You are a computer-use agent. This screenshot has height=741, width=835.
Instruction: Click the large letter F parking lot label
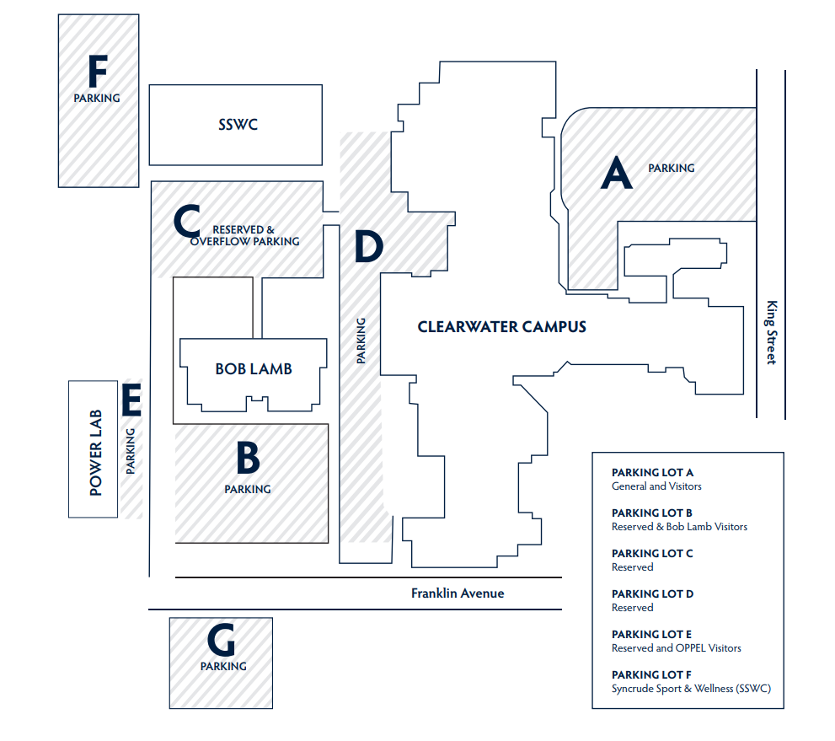coord(97,72)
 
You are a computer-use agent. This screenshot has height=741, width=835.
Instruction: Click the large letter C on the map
coord(186,222)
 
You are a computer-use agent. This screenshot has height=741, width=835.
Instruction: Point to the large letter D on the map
coord(368,245)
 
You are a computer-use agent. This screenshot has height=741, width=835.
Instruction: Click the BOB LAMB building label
coord(254,369)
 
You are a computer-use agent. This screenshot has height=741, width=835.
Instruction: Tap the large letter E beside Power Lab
coord(131,400)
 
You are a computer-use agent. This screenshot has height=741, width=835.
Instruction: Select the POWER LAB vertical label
coord(95,451)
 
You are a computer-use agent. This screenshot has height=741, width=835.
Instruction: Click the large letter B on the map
coord(248,459)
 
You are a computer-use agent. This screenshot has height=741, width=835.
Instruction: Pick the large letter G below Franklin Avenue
coord(222,642)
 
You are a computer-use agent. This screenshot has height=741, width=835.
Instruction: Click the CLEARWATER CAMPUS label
coord(501,327)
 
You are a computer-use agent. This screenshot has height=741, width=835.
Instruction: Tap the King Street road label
coord(770,333)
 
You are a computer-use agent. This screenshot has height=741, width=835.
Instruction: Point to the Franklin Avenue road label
coord(458,593)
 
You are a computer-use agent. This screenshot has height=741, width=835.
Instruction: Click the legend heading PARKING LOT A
coord(652,473)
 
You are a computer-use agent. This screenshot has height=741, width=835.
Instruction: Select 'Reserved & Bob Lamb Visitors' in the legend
coord(679,527)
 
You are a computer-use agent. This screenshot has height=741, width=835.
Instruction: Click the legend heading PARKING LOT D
coord(652,593)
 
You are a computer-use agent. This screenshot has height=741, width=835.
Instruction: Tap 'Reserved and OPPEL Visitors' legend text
coord(676,648)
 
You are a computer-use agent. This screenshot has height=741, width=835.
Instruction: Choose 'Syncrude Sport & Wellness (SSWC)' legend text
coord(691,689)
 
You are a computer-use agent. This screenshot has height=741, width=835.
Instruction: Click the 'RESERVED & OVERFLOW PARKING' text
coord(244,235)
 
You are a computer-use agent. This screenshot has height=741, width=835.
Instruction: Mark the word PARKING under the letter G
coord(223,666)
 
